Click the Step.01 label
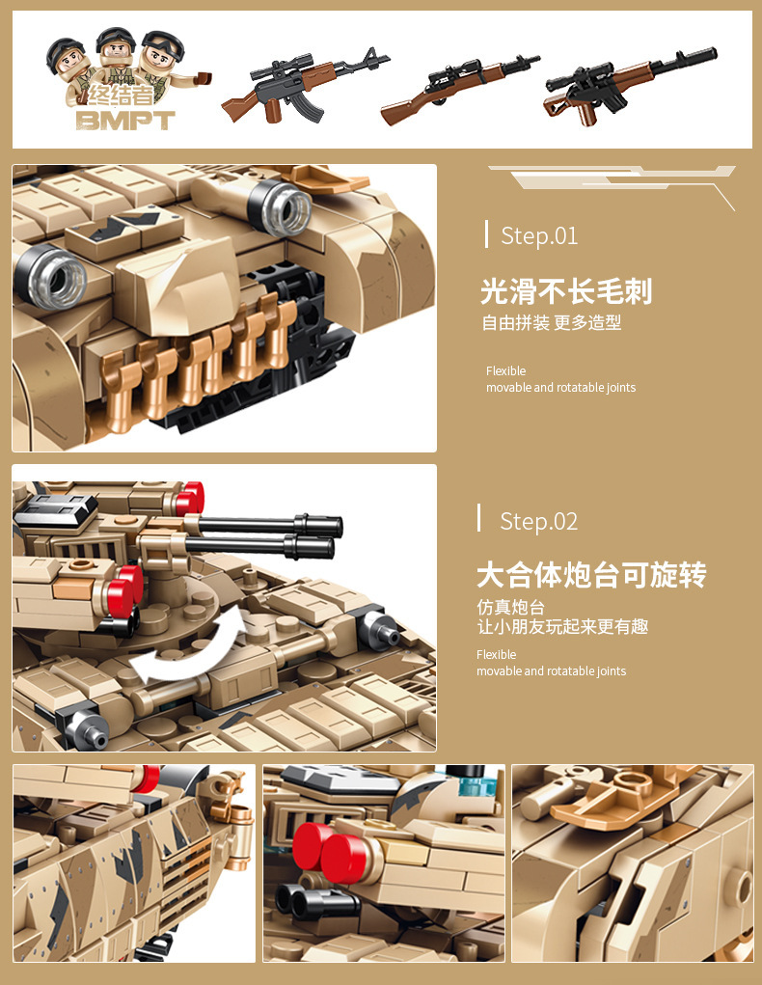pyautogui.click(x=539, y=235)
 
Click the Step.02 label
pyautogui.click(x=538, y=522)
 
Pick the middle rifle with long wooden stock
pyautogui.click(x=460, y=89)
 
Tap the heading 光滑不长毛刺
pyautogui.click(x=566, y=291)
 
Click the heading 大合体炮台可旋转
pyautogui.click(x=591, y=576)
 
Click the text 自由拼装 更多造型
pyautogui.click(x=552, y=323)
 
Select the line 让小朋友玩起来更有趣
pyautogui.click(x=562, y=627)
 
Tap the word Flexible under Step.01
pyautogui.click(x=505, y=371)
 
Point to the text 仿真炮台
pyautogui.click(x=510, y=607)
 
